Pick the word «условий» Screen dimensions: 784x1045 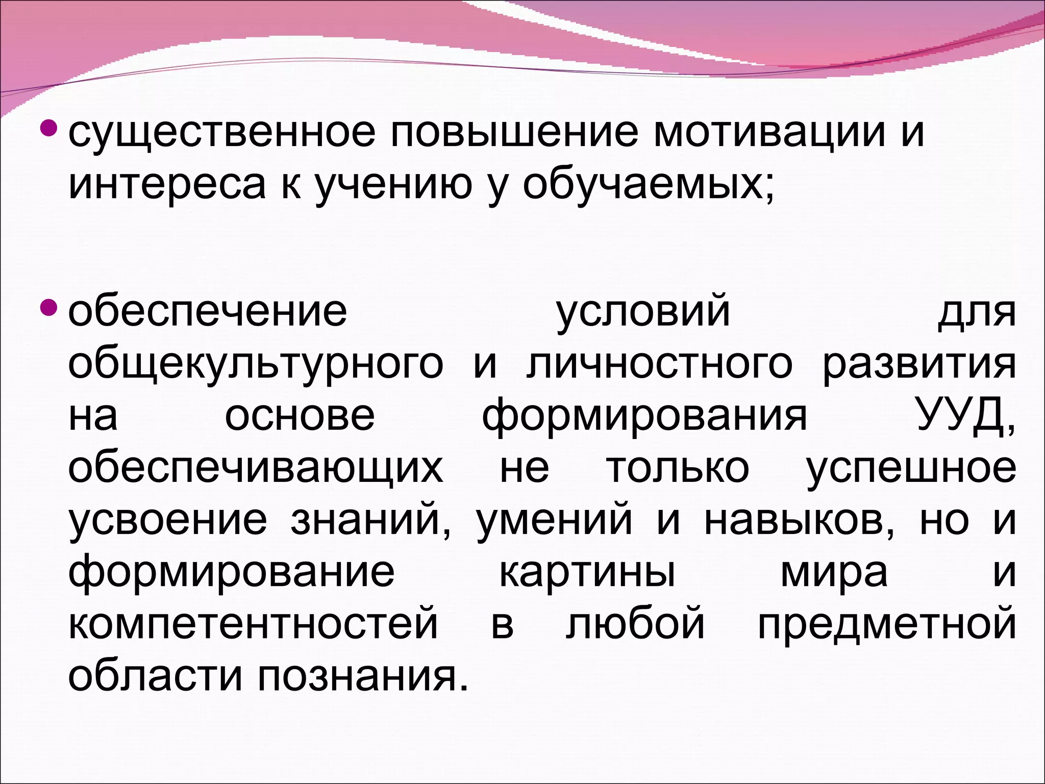click(x=643, y=312)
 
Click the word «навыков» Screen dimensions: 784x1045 click(x=799, y=521)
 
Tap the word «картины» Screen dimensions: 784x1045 click(x=587, y=573)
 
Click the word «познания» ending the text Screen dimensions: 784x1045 click(x=362, y=677)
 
